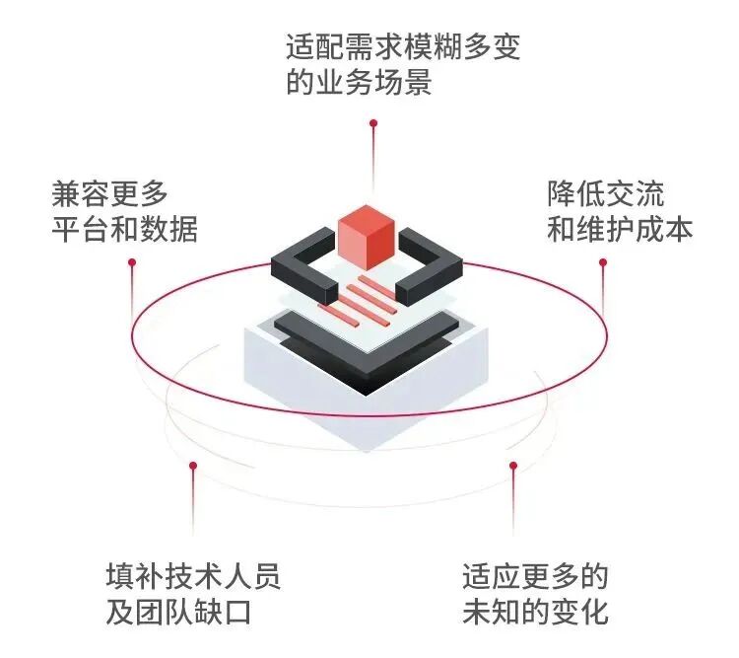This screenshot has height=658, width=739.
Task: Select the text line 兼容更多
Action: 110,190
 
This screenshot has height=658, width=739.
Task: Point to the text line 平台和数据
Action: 125,228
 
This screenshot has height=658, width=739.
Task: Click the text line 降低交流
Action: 606,191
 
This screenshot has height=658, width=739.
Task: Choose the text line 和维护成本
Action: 621,228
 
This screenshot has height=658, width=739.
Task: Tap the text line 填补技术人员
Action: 193,574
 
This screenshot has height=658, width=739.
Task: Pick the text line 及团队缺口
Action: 178,612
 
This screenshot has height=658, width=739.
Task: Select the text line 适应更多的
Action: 536,574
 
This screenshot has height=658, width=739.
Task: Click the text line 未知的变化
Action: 536,612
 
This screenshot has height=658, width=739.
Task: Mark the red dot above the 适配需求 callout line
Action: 373,123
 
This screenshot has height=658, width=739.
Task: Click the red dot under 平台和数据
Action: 132,262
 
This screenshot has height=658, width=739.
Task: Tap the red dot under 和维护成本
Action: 603,262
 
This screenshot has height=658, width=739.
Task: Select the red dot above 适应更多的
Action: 512,465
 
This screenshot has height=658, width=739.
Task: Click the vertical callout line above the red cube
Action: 373,163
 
